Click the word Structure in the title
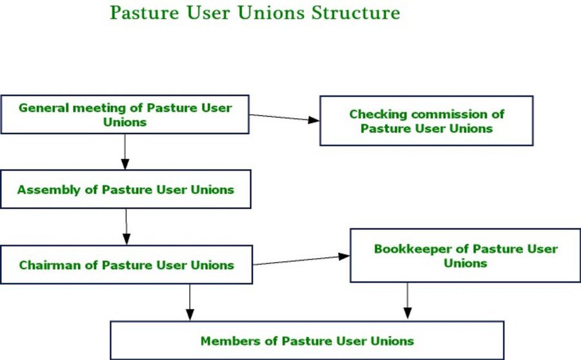[x=356, y=13]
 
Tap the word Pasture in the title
[x=145, y=13]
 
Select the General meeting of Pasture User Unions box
[x=125, y=114]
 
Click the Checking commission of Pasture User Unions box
[x=427, y=121]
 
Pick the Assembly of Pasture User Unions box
[x=126, y=189]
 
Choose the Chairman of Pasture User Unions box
[x=127, y=265]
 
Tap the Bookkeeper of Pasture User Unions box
[x=465, y=255]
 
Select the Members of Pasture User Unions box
[x=307, y=341]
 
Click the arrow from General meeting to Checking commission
[x=284, y=117]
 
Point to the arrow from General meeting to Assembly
[x=125, y=152]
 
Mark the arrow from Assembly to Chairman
[x=126, y=226]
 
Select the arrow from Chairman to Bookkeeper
[x=301, y=260]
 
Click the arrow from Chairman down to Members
[x=190, y=302]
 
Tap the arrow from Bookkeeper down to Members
[x=407, y=301]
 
